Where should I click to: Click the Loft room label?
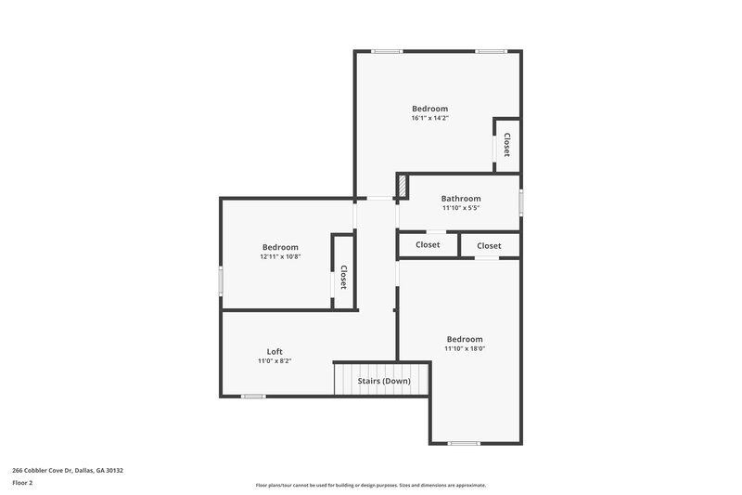point(275,351)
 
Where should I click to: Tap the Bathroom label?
point(460,199)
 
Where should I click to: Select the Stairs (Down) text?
point(384,381)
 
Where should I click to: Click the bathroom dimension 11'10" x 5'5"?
point(460,208)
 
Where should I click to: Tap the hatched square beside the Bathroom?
point(403,185)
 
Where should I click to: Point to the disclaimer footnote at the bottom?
point(370,485)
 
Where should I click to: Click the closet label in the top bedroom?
point(506,145)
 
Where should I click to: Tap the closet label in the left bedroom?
point(342,277)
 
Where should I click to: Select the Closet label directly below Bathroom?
point(428,245)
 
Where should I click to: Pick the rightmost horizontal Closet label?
point(489,245)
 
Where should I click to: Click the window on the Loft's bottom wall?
point(253,397)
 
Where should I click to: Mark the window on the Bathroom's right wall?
point(520,202)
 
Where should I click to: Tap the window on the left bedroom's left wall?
point(220,280)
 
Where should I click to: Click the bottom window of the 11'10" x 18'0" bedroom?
point(463,443)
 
